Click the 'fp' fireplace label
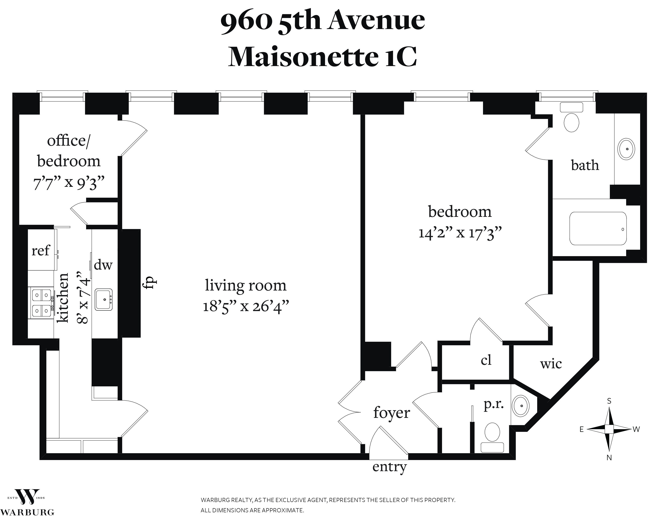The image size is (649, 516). pyautogui.click(x=150, y=283)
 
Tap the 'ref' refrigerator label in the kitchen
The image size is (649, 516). pyautogui.click(x=40, y=250)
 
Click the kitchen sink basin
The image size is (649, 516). pyautogui.click(x=104, y=300)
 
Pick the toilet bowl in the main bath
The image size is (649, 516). pyautogui.click(x=571, y=122)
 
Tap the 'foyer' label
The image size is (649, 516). pyautogui.click(x=392, y=413)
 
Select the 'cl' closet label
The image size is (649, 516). pyautogui.click(x=486, y=360)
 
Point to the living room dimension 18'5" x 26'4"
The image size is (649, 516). pyautogui.click(x=246, y=307)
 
